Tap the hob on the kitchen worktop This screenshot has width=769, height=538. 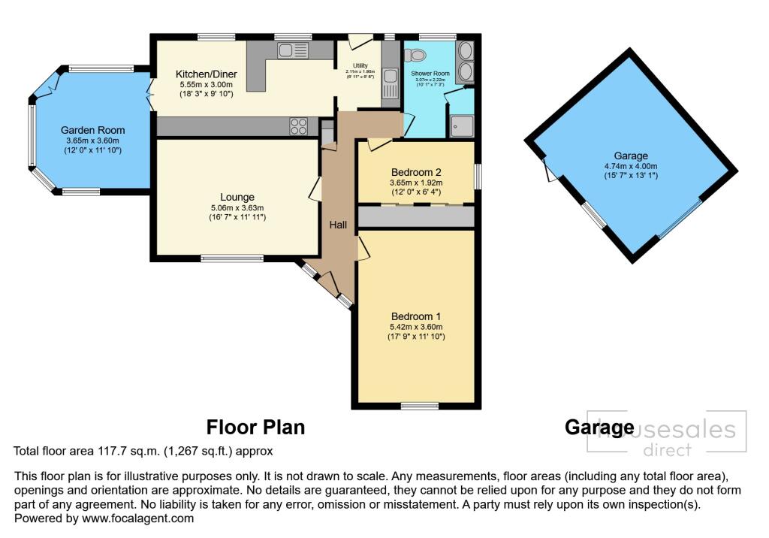click(298, 126)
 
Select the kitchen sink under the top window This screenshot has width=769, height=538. click(292, 51)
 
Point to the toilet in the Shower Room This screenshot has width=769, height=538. click(415, 54)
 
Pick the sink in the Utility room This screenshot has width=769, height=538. click(391, 75)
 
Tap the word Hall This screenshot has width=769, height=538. click(338, 224)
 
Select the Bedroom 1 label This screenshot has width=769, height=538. click(416, 316)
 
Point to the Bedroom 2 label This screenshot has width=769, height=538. click(416, 172)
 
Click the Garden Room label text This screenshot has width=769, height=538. click(93, 130)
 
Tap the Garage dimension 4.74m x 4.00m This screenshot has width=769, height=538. click(629, 166)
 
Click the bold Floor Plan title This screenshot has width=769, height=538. click(255, 428)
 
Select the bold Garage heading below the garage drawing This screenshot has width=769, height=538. click(599, 428)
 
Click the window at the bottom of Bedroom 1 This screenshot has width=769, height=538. click(416, 407)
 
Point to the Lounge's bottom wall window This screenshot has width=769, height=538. click(232, 258)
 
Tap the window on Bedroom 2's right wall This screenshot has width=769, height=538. click(478, 175)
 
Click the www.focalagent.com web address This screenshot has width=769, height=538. click(137, 518)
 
